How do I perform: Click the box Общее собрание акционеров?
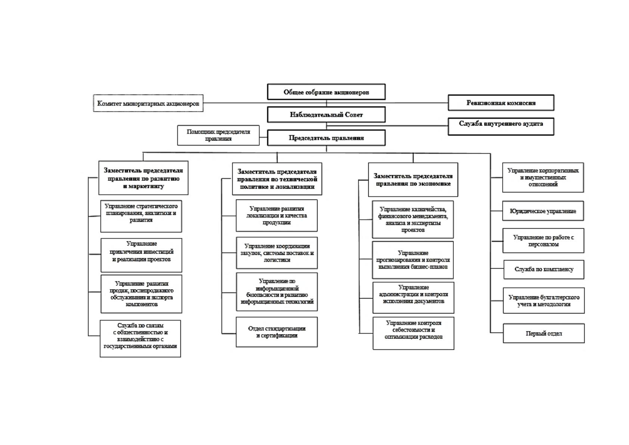coord(326,92)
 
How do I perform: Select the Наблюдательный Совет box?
coord(326,114)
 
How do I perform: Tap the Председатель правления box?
coord(326,137)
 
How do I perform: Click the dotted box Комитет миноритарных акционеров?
coord(148,103)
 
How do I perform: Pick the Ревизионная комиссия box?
coord(501,102)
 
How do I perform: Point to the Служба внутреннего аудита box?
coord(501,126)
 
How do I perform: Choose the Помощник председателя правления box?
coord(218,135)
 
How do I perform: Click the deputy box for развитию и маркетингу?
coord(143,177)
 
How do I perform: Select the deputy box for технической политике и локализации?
coord(277,179)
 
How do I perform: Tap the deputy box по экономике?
coord(413,179)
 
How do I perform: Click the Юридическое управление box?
coord(543,211)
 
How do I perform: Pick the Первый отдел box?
coord(544,333)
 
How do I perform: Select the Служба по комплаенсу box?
coord(544,269)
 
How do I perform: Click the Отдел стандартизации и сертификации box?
coord(277,332)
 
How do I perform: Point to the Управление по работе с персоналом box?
coord(543,241)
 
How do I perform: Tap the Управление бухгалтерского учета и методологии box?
coord(544,300)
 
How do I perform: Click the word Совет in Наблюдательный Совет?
coord(354,115)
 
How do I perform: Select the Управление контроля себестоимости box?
coord(413,333)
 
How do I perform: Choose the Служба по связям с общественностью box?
coord(140,339)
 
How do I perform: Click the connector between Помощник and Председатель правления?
coord(263,137)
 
